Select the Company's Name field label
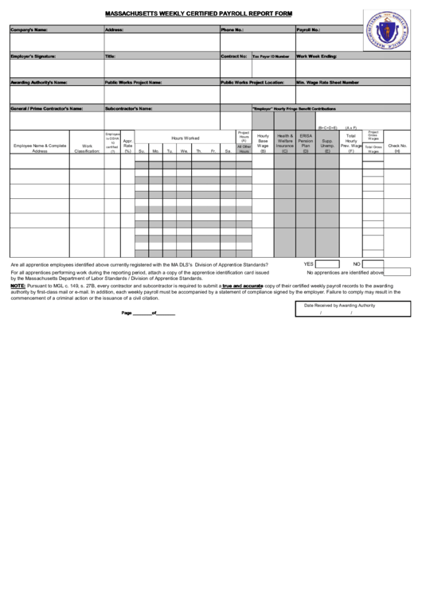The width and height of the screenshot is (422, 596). coord(29,29)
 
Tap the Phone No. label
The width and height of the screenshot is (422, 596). coord(232,29)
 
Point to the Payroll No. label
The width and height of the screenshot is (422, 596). coord(308,29)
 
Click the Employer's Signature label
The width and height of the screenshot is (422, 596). coord(33,56)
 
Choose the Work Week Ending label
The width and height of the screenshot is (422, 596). coord(317,56)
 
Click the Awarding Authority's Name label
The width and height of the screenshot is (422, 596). coord(38,82)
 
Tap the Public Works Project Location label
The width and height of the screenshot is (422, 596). coord(252,82)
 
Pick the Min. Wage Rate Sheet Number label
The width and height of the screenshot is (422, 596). coord(333,82)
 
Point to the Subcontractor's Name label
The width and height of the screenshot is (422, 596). coord(134,108)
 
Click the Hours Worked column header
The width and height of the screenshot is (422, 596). coord(185,138)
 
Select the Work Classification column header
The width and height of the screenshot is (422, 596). coord(87,148)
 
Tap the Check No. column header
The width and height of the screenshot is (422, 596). coord(397,148)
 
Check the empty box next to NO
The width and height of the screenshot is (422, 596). coord(373,264)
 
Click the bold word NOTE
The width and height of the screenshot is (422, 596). coord(18,285)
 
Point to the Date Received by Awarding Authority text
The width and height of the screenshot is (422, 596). coord(345,305)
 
